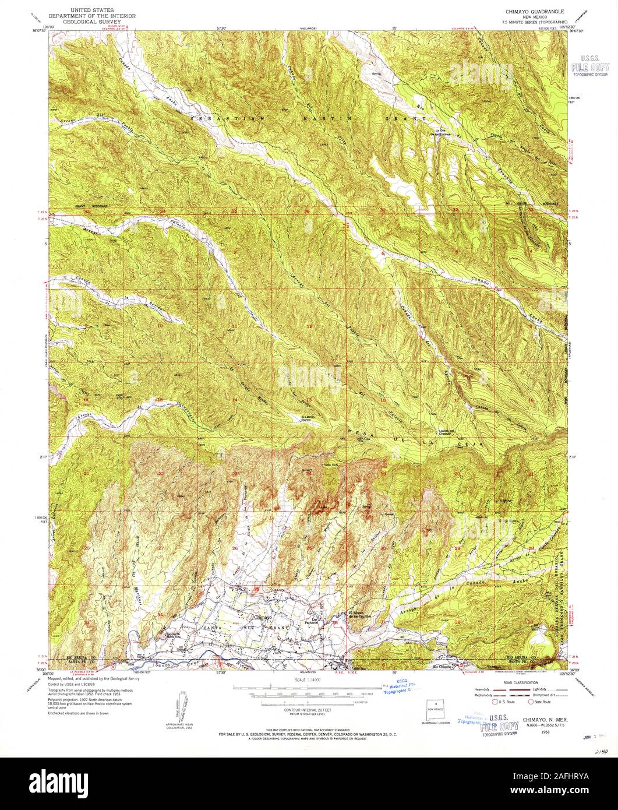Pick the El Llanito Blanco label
310,418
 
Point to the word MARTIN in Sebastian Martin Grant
337,118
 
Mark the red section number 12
310,326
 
